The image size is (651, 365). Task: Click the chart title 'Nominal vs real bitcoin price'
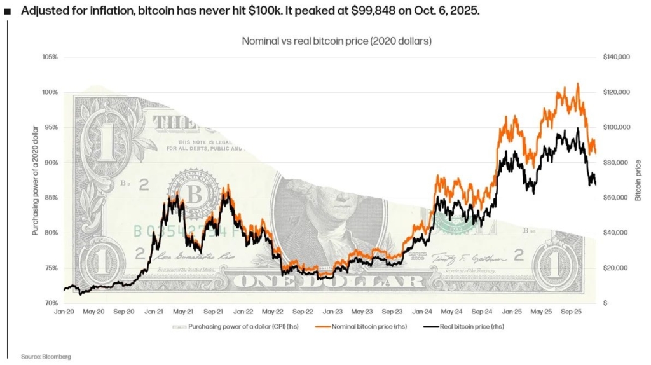[337, 41]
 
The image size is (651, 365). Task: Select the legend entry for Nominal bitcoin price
[365, 327]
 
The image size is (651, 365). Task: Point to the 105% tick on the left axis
[50, 57]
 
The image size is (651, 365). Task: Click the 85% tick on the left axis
[50, 198]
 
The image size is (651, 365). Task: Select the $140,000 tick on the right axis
[616, 57]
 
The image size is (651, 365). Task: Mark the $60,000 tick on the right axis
[615, 198]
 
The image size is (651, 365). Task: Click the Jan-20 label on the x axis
[64, 312]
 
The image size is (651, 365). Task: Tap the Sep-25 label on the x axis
[573, 312]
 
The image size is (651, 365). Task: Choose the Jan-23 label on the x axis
[331, 312]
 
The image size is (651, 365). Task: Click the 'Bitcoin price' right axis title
[638, 181]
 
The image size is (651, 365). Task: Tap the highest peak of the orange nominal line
[577, 84]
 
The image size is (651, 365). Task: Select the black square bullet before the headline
[7, 11]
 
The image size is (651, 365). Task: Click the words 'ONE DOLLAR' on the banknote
[324, 281]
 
